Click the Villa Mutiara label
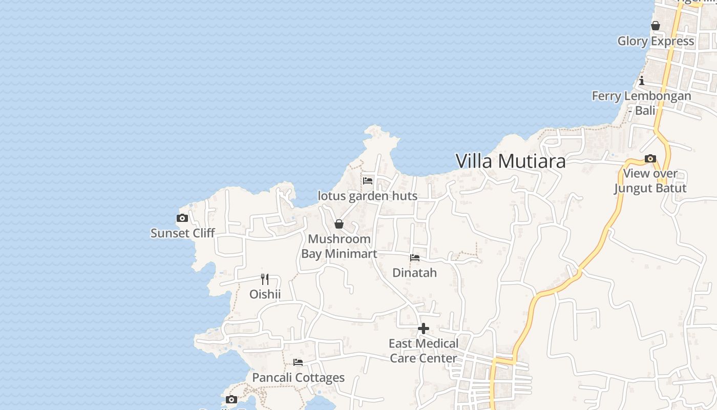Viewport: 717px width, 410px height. (x=511, y=161)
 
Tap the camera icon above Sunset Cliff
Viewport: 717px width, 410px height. (x=182, y=218)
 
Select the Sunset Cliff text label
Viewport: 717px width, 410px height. (x=182, y=233)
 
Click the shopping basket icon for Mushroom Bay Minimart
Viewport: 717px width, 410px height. (x=339, y=224)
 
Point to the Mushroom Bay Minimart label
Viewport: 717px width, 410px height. (x=339, y=246)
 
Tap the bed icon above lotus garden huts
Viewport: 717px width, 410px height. (x=368, y=180)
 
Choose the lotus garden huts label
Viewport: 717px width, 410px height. (x=368, y=196)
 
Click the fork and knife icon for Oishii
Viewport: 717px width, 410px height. (x=265, y=279)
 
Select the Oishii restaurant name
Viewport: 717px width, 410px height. (x=265, y=294)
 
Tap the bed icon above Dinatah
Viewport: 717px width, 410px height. (x=415, y=258)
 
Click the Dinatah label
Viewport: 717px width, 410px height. (x=415, y=273)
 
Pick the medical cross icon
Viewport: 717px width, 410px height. (x=424, y=329)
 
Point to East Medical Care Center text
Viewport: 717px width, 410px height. (x=424, y=351)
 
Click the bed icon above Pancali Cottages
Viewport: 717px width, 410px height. (x=298, y=362)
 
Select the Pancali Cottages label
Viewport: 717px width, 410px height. (x=298, y=378)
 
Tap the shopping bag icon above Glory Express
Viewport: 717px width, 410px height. (x=656, y=26)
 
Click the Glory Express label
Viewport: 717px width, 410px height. (x=656, y=41)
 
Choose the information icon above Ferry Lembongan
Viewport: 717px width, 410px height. (x=642, y=80)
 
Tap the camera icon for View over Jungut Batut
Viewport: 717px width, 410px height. (x=650, y=158)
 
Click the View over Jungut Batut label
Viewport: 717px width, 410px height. (x=650, y=181)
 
